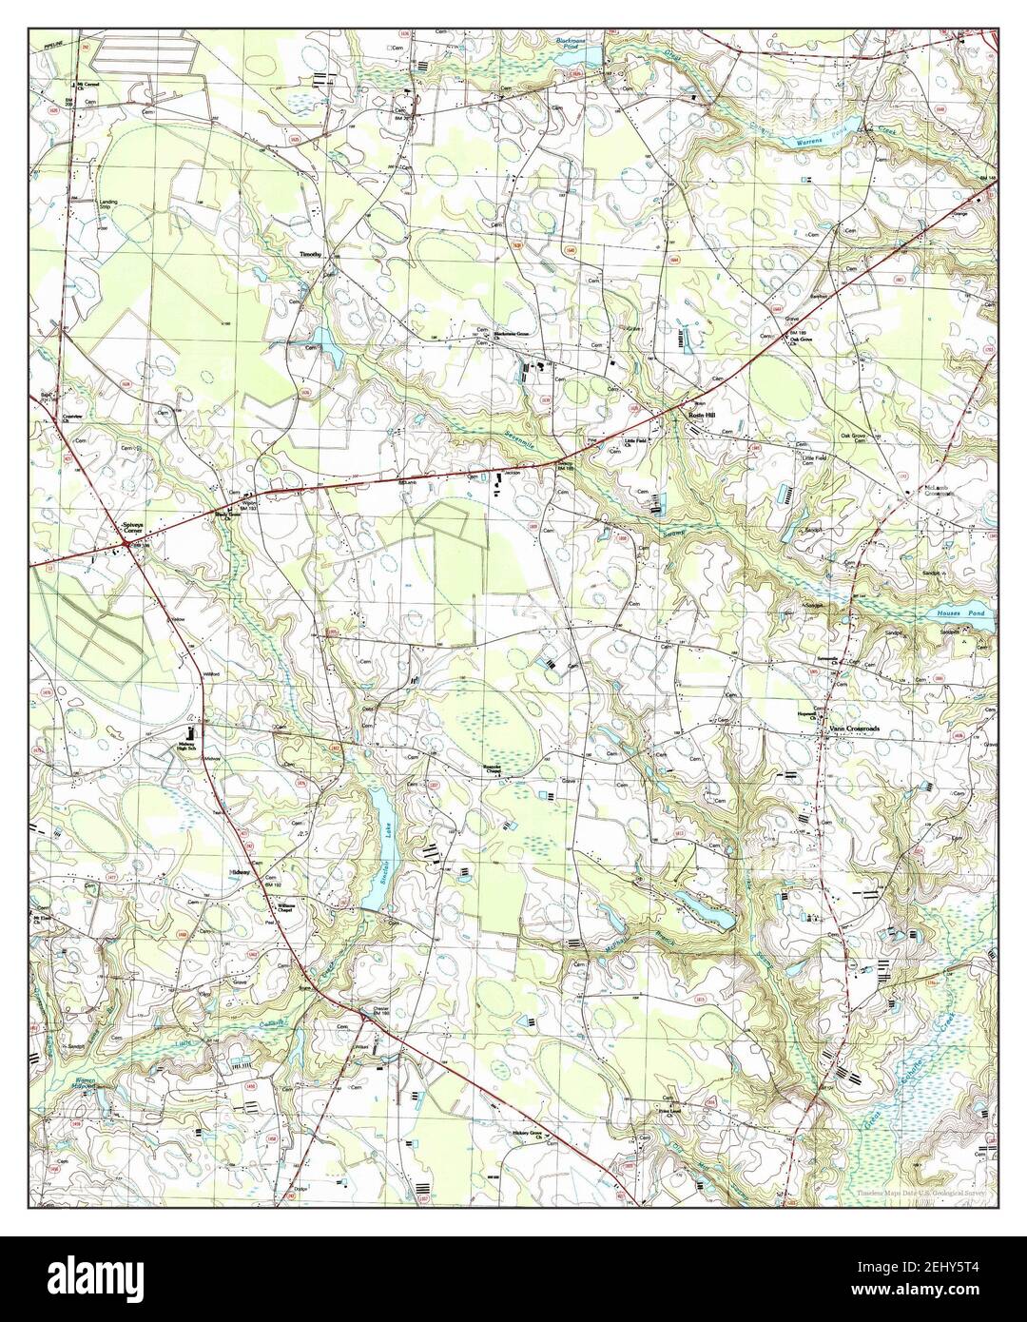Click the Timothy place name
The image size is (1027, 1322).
tap(311, 255)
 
